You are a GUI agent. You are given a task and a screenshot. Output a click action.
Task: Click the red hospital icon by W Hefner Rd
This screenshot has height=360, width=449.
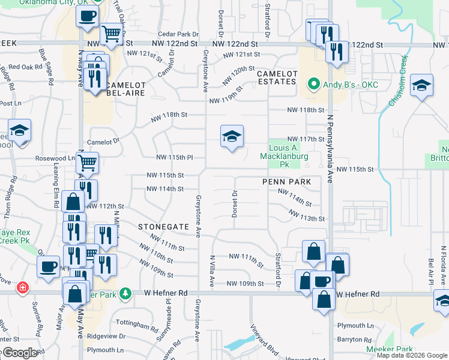23,287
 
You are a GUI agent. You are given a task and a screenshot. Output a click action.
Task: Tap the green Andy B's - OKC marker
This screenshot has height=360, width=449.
312,85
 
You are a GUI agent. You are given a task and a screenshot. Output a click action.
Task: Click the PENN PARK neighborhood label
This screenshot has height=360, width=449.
286,181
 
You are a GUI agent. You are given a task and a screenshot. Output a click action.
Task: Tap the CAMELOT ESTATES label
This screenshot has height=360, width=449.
277,77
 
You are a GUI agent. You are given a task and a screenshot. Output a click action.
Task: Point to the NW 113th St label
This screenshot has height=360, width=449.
306,215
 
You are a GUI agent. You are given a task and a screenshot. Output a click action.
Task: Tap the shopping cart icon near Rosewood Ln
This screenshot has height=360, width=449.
88,162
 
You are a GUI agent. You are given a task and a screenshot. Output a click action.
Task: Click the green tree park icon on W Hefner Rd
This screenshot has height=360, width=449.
125,293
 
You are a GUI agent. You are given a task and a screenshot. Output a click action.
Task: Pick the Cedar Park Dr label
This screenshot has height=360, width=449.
178,34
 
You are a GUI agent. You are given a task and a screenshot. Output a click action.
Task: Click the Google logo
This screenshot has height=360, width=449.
20,353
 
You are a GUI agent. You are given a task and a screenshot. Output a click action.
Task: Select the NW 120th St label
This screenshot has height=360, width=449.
239,75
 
